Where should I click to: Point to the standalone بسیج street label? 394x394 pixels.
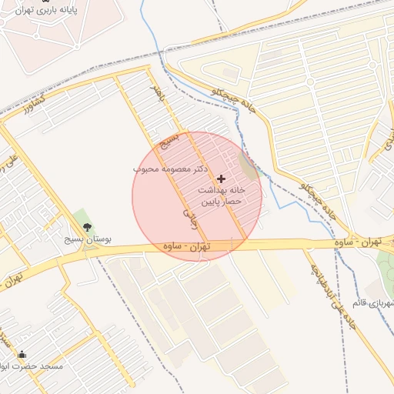(169, 141)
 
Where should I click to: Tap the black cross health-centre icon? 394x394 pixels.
(222, 178)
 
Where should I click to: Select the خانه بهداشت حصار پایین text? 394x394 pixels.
(222, 195)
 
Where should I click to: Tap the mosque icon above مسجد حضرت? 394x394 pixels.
(22, 355)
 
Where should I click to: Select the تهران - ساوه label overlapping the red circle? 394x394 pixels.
(187, 247)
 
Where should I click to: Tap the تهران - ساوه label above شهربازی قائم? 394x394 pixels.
(359, 242)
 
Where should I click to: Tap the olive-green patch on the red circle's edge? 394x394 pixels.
(248, 164)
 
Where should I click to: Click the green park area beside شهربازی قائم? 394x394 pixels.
(386, 269)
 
